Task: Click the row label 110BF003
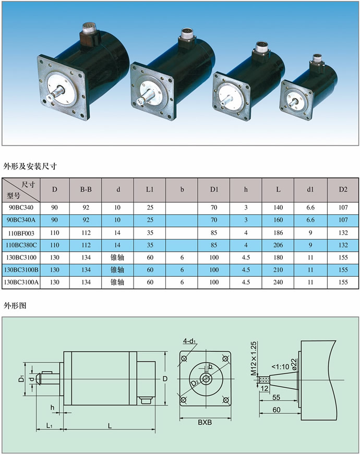coord(21,233)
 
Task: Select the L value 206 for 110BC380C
coord(278,245)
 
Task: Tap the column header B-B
coord(86,190)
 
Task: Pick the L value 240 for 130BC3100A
coord(278,282)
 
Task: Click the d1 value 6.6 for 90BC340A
coord(310,220)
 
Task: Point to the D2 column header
coord(343,190)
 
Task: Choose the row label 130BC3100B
coord(21,270)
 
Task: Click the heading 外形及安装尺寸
coord(30,166)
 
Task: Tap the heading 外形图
coord(15,305)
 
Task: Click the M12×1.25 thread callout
coord(254,359)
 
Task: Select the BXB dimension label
coord(205,422)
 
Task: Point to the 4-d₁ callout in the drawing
coord(189,341)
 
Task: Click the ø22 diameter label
coord(294,364)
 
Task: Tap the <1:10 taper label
coord(280,367)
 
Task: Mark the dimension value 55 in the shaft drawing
coord(277,397)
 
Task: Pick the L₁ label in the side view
coord(50,426)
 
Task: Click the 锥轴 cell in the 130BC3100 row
coord(117,257)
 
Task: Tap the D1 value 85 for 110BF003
coord(214,233)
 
